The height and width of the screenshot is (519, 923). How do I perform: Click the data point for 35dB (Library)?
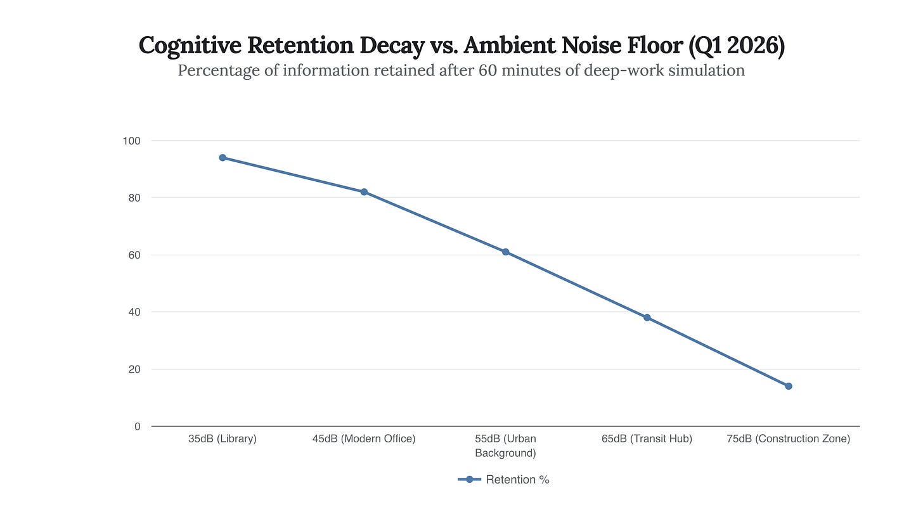(x=223, y=158)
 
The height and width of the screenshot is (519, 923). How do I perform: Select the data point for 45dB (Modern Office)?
(x=364, y=192)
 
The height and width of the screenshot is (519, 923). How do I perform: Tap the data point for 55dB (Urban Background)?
(x=506, y=252)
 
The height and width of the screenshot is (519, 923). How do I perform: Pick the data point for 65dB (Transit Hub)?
(x=647, y=317)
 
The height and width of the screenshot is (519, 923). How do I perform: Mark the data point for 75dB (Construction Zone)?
(x=789, y=386)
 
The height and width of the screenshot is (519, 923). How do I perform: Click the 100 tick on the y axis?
(x=132, y=141)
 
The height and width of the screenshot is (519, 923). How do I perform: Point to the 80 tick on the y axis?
(x=134, y=198)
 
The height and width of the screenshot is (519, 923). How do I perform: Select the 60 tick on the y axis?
(x=134, y=255)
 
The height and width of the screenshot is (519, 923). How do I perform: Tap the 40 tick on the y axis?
(x=134, y=312)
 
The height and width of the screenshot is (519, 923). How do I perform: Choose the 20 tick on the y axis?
(x=134, y=369)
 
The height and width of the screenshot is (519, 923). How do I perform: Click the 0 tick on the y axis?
(x=137, y=426)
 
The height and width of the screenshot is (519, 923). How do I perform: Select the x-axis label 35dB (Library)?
(x=223, y=439)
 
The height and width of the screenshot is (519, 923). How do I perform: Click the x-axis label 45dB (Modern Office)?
(x=364, y=439)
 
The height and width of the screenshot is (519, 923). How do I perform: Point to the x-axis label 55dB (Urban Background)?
(x=506, y=445)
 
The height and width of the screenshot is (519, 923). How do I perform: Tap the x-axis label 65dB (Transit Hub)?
(x=647, y=439)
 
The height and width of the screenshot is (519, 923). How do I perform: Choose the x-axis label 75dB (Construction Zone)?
(x=789, y=439)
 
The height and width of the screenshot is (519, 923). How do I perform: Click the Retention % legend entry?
(x=504, y=480)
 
